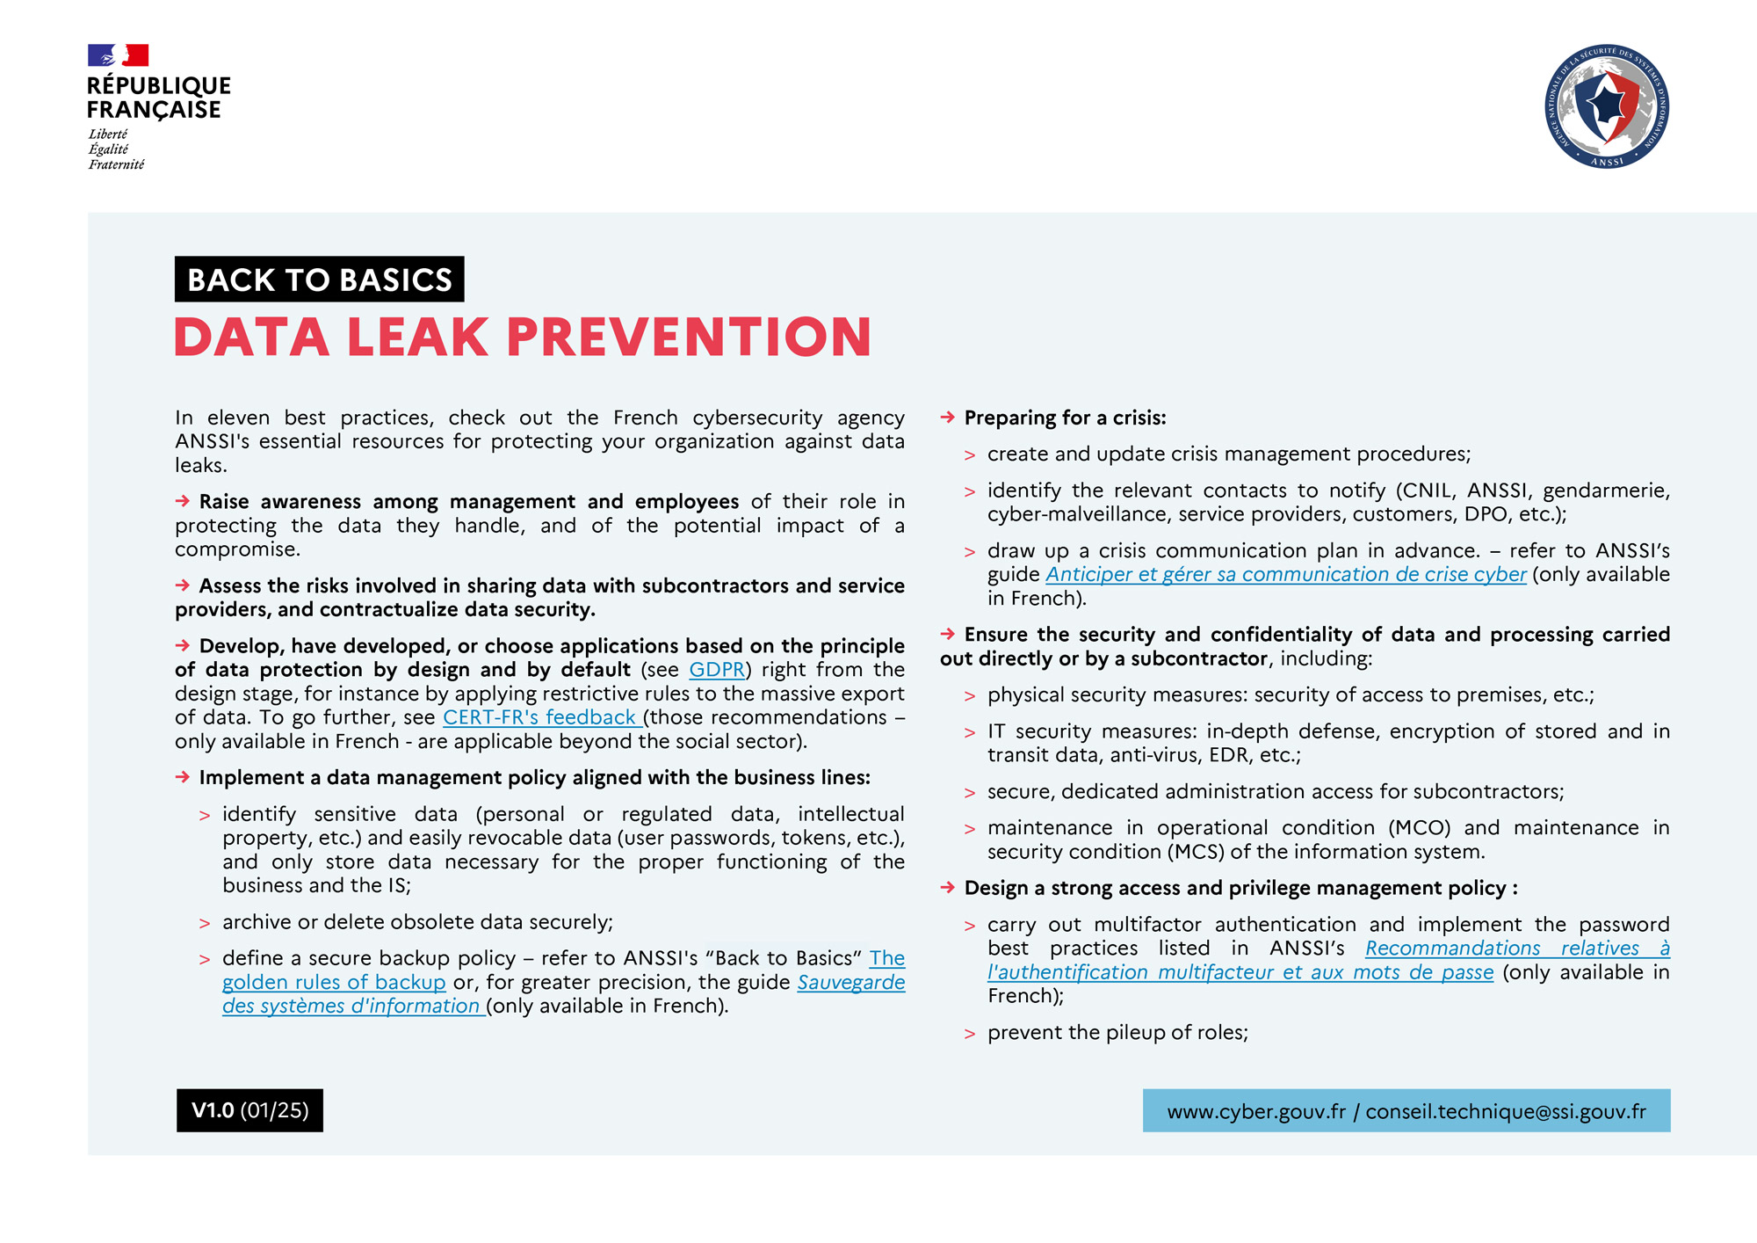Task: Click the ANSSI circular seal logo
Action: [1607, 106]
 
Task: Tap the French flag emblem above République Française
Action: [118, 55]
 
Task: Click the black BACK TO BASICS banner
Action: [319, 280]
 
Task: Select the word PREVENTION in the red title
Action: [689, 338]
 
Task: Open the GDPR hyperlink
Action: [717, 670]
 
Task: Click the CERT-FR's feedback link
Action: [539, 717]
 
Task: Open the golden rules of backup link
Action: [334, 982]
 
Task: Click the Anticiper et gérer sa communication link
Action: [1285, 575]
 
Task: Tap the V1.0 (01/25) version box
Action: [249, 1110]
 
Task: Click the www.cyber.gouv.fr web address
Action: [1255, 1112]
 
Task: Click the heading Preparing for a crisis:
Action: [1065, 418]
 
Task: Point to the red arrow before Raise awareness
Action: [183, 501]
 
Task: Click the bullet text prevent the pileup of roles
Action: [1117, 1033]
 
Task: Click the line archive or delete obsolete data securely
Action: [417, 922]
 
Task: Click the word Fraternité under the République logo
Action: [116, 164]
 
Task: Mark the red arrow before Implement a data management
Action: [183, 777]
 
